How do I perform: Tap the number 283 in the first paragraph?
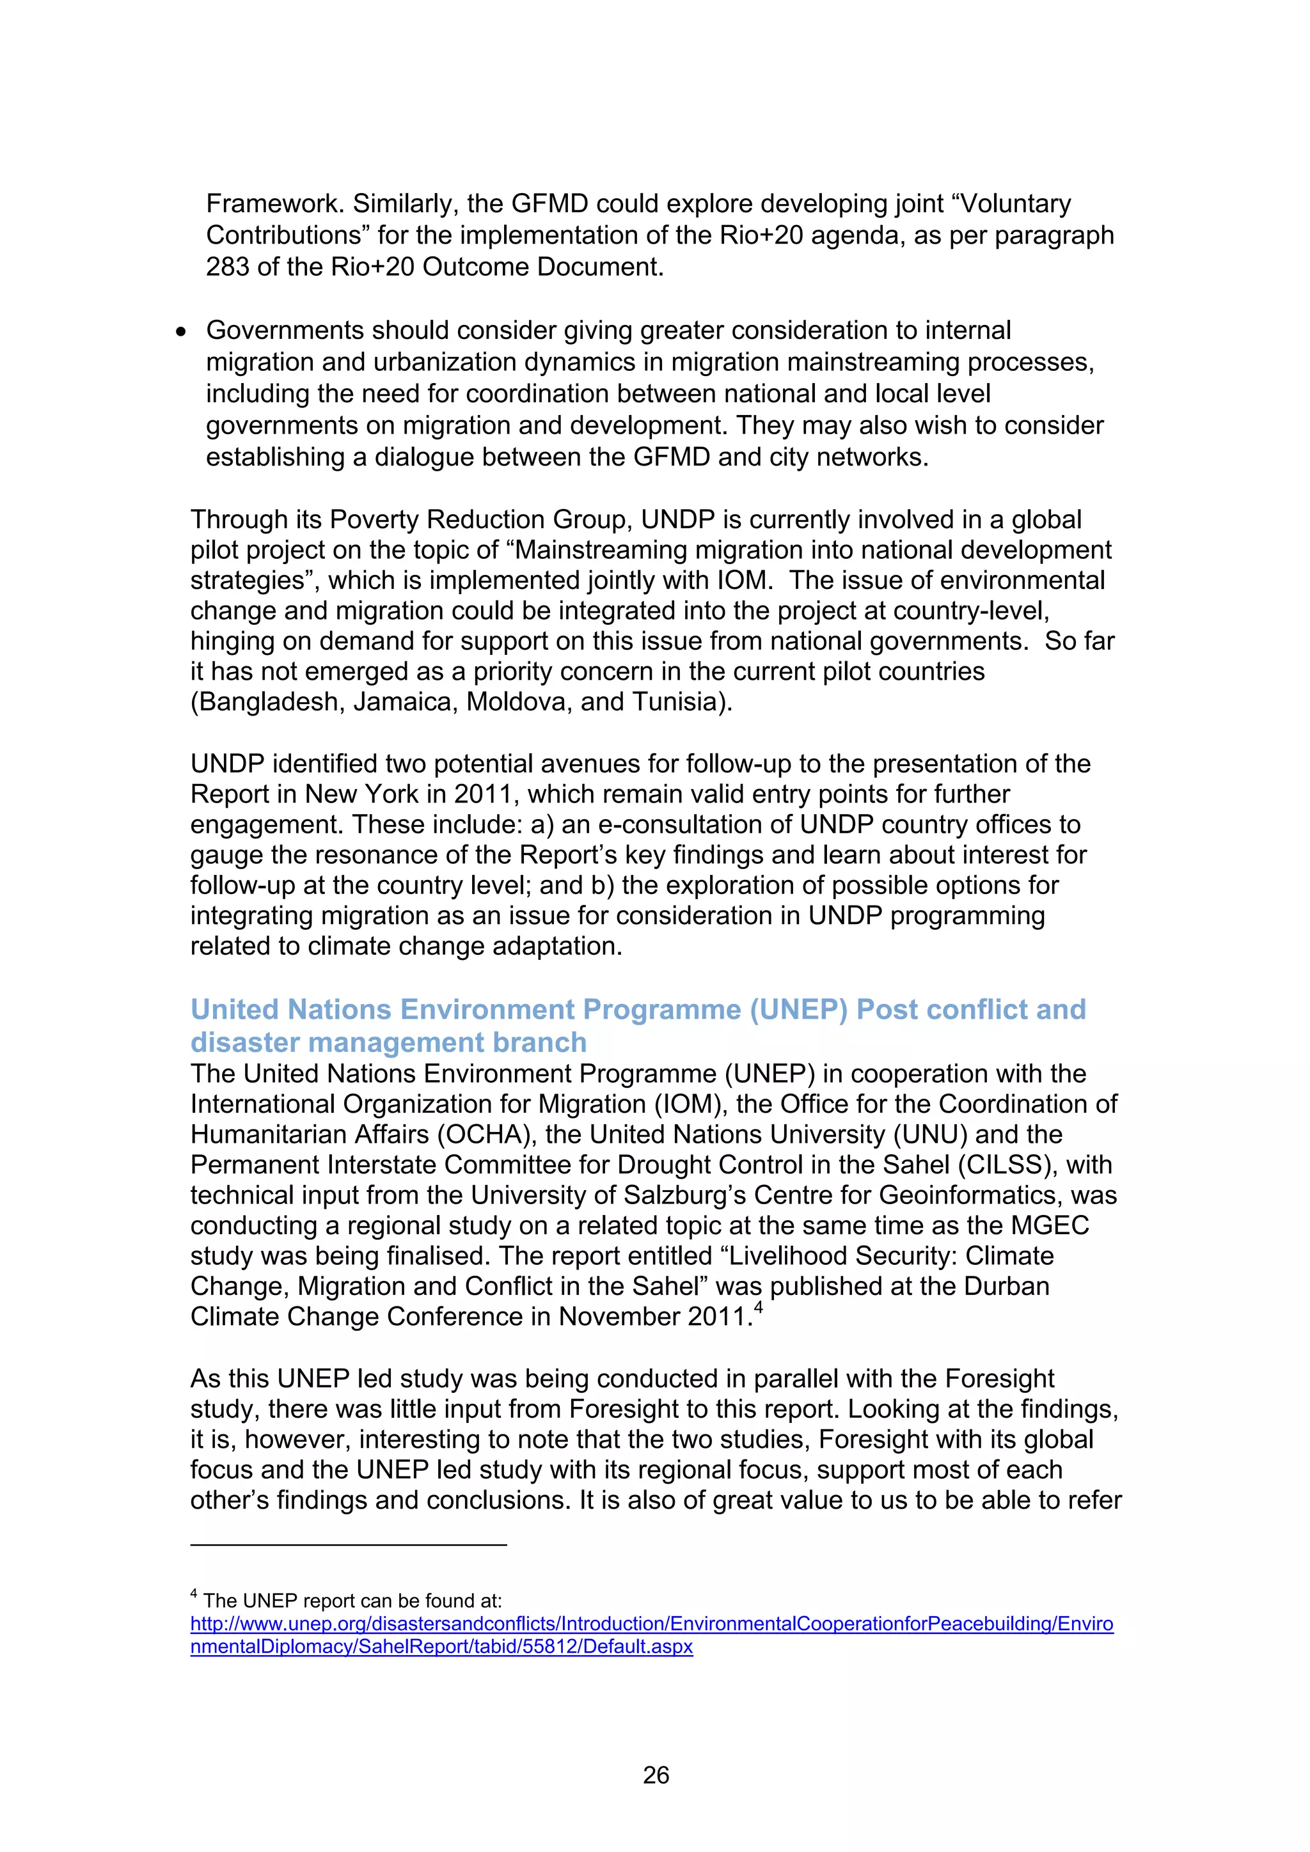(228, 267)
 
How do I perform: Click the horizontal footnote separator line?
(349, 1544)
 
